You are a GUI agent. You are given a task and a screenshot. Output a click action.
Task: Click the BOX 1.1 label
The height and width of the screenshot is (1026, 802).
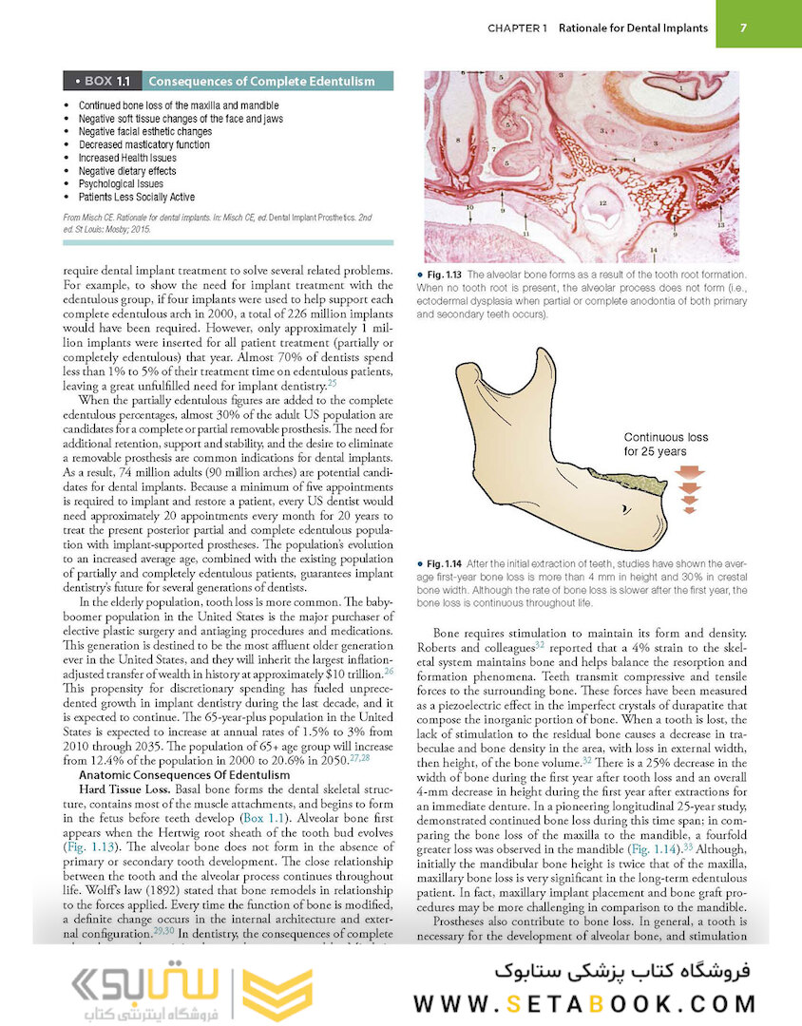[x=107, y=82]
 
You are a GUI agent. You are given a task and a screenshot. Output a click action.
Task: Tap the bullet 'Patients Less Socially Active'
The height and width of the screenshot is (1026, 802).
[x=137, y=197]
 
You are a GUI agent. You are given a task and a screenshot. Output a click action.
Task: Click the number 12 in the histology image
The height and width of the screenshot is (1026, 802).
[x=601, y=202]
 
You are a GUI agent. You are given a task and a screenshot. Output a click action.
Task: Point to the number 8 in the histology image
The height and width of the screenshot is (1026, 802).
[x=459, y=139]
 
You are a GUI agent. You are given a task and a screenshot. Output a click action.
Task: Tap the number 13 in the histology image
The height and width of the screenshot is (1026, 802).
[x=720, y=224]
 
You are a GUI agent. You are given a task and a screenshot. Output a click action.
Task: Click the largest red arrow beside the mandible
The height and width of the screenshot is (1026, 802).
[x=690, y=471]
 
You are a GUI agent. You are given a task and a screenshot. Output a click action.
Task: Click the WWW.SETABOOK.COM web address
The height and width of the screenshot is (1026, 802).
[x=584, y=1004]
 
